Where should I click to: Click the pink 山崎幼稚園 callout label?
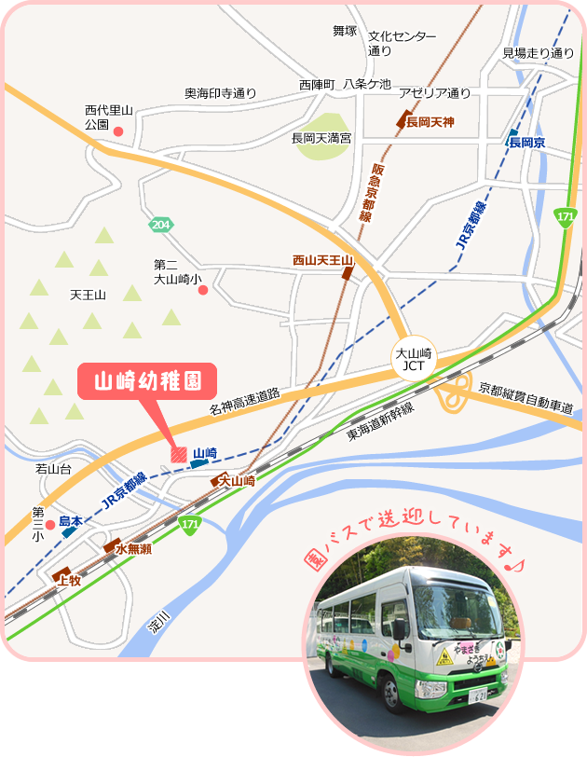tap(145, 382)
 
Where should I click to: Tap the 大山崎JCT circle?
tap(413, 359)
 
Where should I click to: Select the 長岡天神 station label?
tap(430, 122)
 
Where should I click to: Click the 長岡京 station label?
tap(526, 143)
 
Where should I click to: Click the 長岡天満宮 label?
tap(321, 138)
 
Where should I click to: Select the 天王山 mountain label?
tap(89, 295)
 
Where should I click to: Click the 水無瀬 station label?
tap(133, 550)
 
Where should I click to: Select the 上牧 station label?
tap(71, 580)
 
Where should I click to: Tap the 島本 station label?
tap(71, 521)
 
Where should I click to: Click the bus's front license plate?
tap(477, 695)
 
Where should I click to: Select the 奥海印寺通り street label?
tap(220, 93)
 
